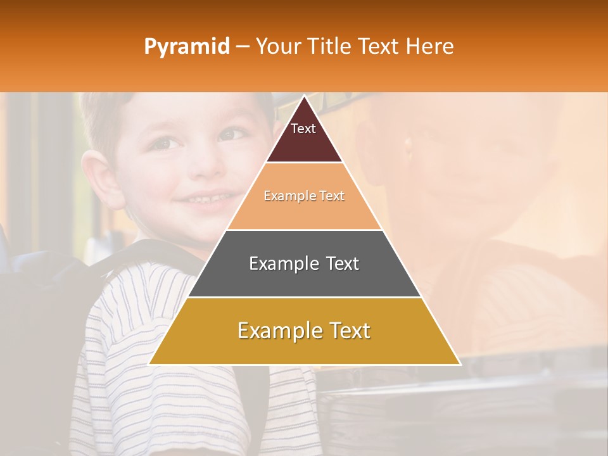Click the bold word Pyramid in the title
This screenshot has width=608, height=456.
tap(187, 47)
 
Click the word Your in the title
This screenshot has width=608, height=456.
tap(277, 46)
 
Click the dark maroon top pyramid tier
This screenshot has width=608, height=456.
tap(304, 142)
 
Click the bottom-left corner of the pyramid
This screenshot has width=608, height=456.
tap(150, 364)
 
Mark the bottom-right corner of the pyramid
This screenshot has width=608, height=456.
tap(459, 364)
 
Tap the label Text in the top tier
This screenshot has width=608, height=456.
tap(303, 129)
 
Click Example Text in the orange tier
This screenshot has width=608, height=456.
tap(304, 196)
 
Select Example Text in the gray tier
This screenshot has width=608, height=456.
tap(304, 263)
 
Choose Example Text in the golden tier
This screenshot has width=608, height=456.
tap(304, 331)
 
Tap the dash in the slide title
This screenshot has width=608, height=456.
tap(243, 47)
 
